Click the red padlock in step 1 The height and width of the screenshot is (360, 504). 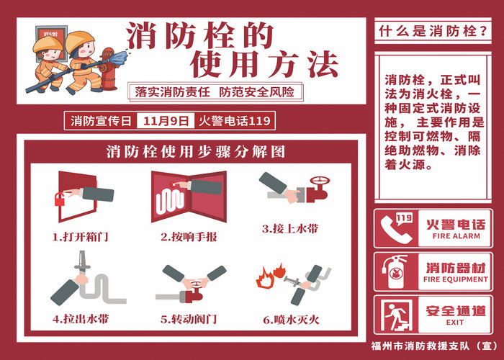(x=60, y=199)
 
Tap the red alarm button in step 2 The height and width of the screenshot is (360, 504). (x=174, y=184)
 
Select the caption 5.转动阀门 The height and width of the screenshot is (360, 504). (x=189, y=319)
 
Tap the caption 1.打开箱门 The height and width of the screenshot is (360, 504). (x=81, y=237)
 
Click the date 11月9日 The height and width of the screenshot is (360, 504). (x=166, y=121)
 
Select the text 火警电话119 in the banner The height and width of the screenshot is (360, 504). (x=234, y=121)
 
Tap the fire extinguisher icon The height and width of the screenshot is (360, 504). (x=395, y=272)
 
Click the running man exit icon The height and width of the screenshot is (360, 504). (x=396, y=315)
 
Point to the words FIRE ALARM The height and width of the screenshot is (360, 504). (x=456, y=236)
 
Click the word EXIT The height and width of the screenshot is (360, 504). (x=455, y=322)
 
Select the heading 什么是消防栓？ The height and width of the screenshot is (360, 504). (x=433, y=31)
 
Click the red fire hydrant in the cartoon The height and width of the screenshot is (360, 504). (x=109, y=69)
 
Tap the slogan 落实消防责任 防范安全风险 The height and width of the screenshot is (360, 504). (x=215, y=92)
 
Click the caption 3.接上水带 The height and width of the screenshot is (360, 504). (x=290, y=228)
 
